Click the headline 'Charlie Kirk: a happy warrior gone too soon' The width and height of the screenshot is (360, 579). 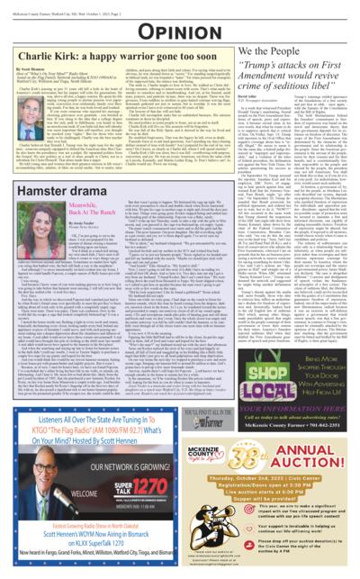click(107, 54)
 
